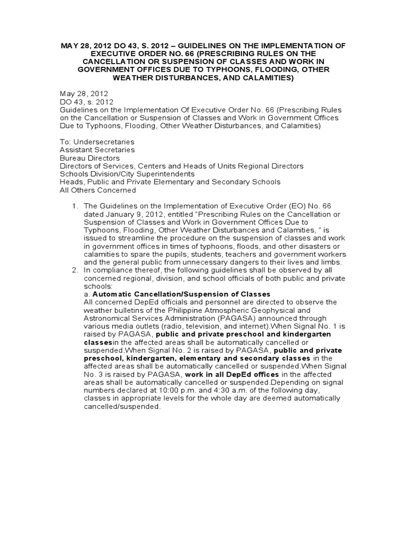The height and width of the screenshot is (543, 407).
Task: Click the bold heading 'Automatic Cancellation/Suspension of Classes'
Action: pos(182,294)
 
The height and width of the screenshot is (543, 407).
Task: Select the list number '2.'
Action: pos(75,270)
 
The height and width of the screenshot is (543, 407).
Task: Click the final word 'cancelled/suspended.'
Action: pos(122,407)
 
